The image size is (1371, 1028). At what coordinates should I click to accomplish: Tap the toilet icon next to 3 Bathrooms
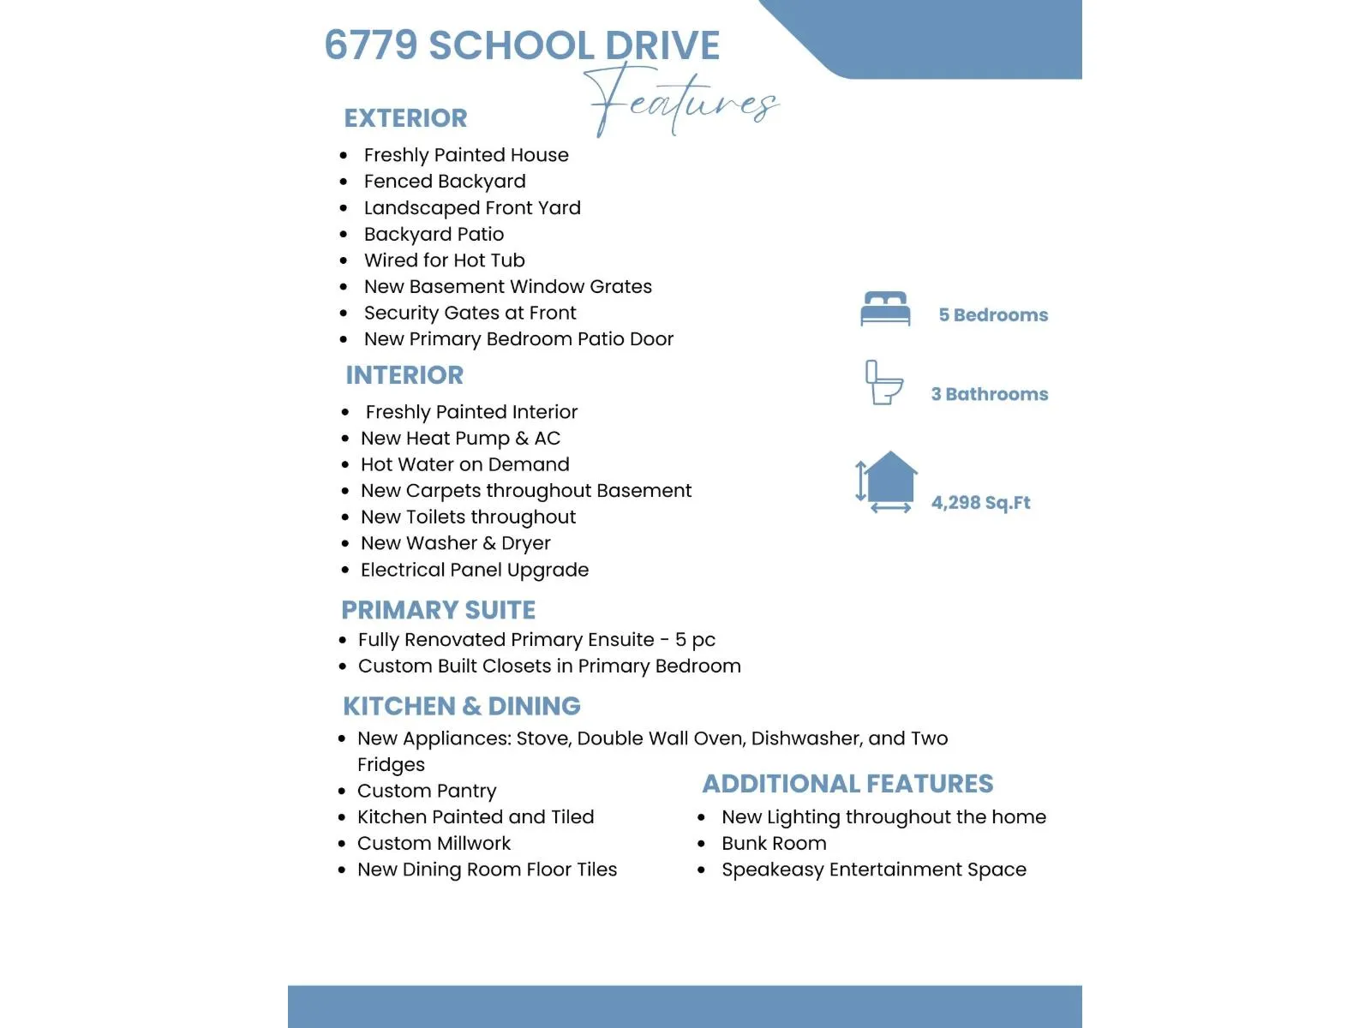(x=883, y=383)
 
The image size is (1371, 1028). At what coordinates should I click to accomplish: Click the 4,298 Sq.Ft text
(x=980, y=503)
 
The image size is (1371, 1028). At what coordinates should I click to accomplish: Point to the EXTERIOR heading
(x=405, y=118)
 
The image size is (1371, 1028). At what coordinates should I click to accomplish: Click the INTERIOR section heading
(x=404, y=375)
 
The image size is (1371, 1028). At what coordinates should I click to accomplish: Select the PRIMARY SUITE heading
(x=438, y=610)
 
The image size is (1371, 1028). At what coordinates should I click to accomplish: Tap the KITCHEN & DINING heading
(x=462, y=706)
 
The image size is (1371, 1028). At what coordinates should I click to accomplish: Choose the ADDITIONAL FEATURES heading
(x=847, y=784)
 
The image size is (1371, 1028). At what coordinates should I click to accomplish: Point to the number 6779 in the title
(x=371, y=45)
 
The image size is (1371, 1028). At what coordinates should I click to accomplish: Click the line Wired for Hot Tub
(x=444, y=260)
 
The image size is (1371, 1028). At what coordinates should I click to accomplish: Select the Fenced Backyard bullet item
(x=445, y=182)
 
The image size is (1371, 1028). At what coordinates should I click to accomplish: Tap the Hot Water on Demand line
(x=464, y=464)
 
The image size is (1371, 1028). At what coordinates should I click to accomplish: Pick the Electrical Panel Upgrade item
(x=475, y=570)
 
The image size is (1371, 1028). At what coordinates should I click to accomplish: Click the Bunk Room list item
(x=774, y=844)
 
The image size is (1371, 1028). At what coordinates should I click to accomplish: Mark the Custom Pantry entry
(x=427, y=791)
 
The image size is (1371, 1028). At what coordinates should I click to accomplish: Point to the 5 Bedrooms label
(x=993, y=315)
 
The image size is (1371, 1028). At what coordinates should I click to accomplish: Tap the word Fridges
(x=391, y=765)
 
